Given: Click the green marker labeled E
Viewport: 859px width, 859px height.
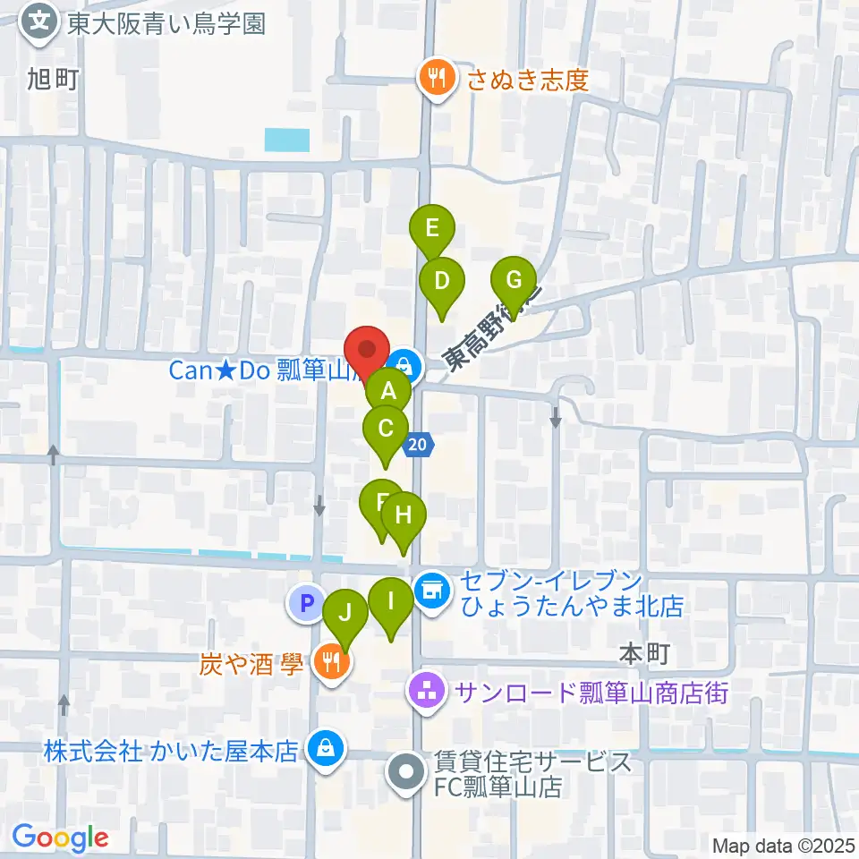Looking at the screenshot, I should [x=432, y=228].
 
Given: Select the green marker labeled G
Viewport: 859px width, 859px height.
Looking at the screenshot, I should [x=514, y=280].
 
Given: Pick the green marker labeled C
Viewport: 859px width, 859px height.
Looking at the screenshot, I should [x=386, y=429].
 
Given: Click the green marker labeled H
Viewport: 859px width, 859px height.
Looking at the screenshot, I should [x=404, y=515].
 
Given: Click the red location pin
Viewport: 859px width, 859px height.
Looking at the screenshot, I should [x=367, y=348].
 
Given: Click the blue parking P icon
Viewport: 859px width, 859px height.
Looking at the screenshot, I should [x=305, y=604].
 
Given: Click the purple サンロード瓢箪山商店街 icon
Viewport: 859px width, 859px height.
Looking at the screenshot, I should [x=427, y=692].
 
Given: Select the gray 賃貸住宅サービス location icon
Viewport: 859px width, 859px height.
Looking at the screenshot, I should [x=405, y=772].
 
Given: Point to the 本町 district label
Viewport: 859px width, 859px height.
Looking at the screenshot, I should [x=644, y=655].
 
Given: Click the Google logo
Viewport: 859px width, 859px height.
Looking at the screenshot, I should [x=60, y=838].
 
